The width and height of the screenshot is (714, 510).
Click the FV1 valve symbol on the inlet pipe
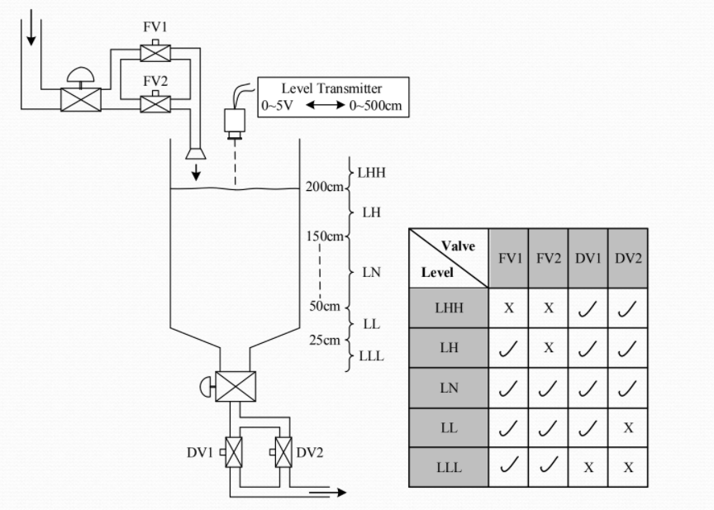pyautogui.click(x=155, y=53)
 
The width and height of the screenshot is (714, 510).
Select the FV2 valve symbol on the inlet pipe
pyautogui.click(x=155, y=103)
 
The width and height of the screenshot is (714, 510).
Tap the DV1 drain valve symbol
pyautogui.click(x=234, y=453)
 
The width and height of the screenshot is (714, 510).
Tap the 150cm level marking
pyautogui.click(x=323, y=236)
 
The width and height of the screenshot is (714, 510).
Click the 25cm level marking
pyautogui.click(x=325, y=340)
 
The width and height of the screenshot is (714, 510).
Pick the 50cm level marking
pyautogui.click(x=325, y=306)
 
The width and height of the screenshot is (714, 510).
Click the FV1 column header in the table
pyautogui.click(x=509, y=258)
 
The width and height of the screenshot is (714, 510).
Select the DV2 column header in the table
pyautogui.click(x=628, y=258)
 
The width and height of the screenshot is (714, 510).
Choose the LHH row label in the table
pyautogui.click(x=449, y=307)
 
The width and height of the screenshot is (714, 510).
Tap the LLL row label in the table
pyautogui.click(x=449, y=467)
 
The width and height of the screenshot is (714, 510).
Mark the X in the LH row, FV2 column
pyautogui.click(x=548, y=348)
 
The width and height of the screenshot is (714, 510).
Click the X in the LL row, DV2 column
pyautogui.click(x=628, y=428)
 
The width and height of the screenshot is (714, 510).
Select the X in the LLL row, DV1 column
pyautogui.click(x=588, y=467)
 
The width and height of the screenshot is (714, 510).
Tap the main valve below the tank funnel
pyautogui.click(x=236, y=386)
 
